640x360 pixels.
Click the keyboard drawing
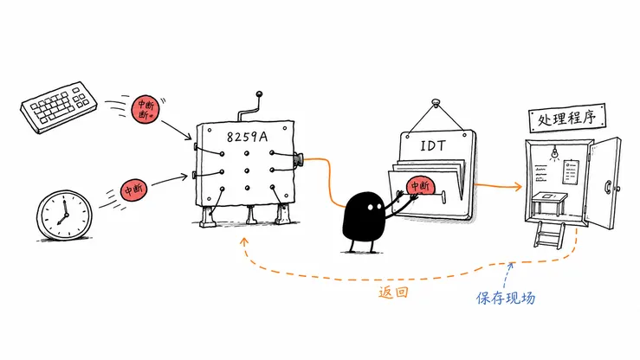coord(59,106)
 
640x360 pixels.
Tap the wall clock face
coord(64,215)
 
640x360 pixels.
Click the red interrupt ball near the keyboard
coord(145,109)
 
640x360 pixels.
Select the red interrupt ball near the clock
coord(134,190)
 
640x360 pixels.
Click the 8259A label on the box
coord(247,136)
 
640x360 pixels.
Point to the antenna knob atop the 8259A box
coord(259,94)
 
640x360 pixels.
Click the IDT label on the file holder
coord(433,145)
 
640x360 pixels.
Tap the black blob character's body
coord(363,216)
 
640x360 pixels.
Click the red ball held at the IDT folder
coord(420,187)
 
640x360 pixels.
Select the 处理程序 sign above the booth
coord(566,118)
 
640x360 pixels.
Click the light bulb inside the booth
coord(554,153)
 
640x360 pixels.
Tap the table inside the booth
coord(549,202)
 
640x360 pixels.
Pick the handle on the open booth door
coord(608,187)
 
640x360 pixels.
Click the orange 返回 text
coord(393,292)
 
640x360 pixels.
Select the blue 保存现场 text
coord(505,298)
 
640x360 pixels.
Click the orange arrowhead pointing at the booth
coord(519,187)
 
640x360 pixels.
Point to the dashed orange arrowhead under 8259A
coord(244,241)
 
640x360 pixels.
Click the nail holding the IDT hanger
coord(436,101)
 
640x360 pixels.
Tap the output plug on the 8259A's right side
coord(298,159)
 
